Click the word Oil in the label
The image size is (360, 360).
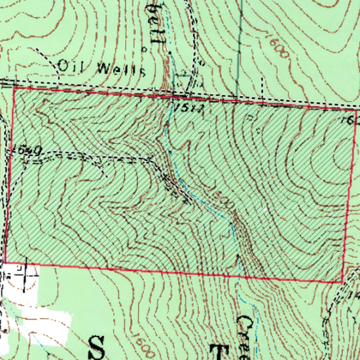click(69, 65)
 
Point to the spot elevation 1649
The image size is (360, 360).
click(26, 151)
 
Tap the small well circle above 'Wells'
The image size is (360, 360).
click(143, 48)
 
